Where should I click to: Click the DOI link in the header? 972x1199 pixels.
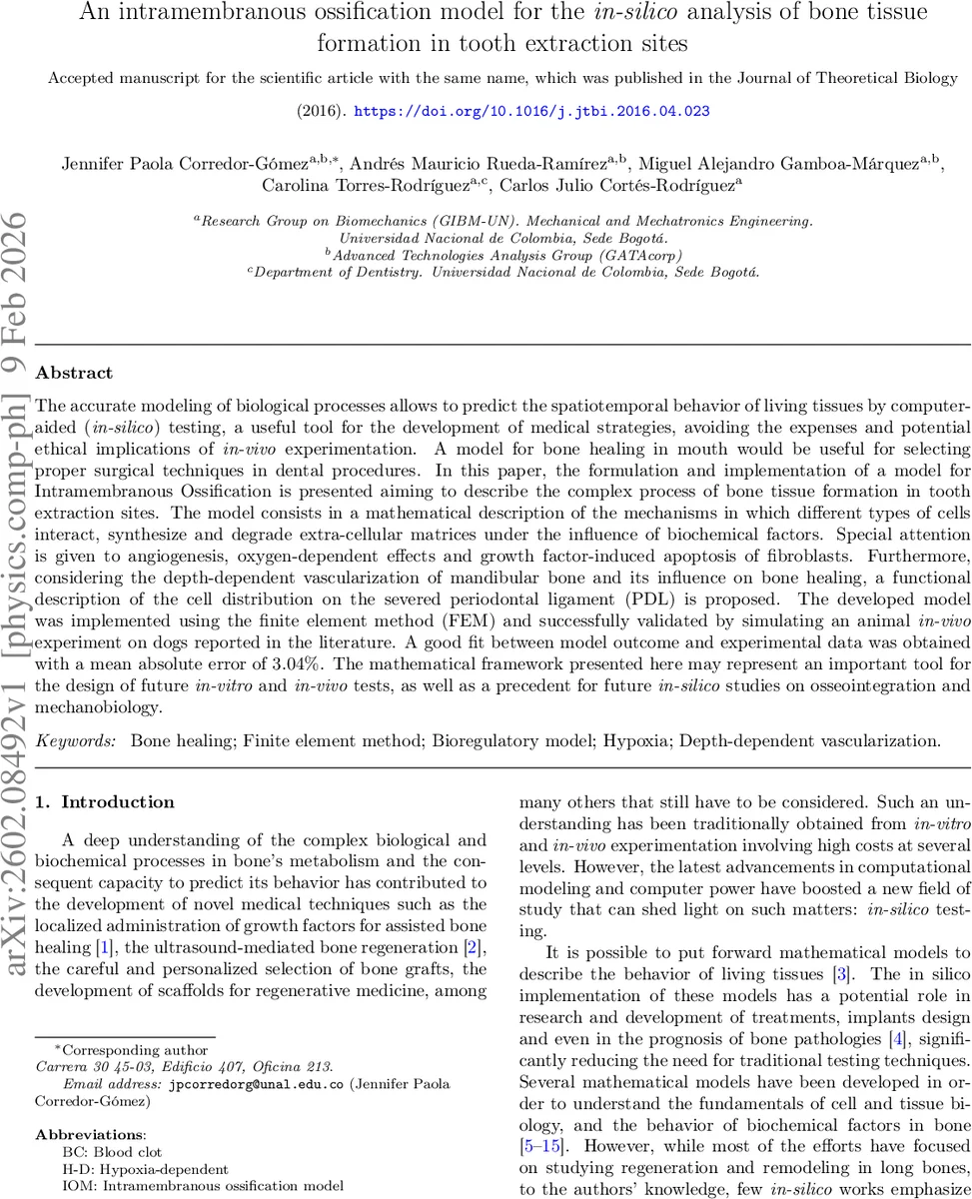(x=531, y=111)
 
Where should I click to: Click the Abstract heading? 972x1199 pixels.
(x=74, y=373)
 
